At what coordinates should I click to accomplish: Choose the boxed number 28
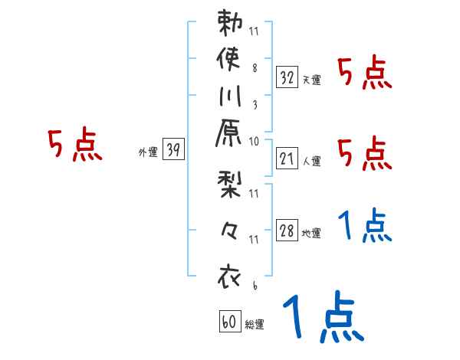[287, 230]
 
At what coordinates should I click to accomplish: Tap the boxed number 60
[229, 322]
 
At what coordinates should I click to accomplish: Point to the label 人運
[311, 162]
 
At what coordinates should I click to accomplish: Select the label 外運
[148, 153]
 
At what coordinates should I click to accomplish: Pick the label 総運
[255, 325]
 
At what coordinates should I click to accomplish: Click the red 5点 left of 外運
[75, 146]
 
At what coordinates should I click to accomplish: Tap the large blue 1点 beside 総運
[321, 318]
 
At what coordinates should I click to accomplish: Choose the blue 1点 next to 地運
[365, 227]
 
